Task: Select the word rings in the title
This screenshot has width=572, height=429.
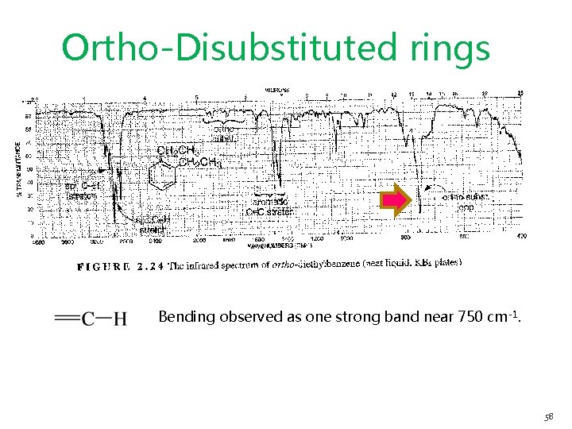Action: point(451,48)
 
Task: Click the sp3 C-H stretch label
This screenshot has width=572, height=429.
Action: point(153,226)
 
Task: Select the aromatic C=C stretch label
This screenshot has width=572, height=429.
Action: point(271,207)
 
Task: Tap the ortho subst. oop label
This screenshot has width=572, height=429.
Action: point(466,201)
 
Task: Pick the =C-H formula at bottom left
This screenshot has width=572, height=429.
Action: point(91,319)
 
